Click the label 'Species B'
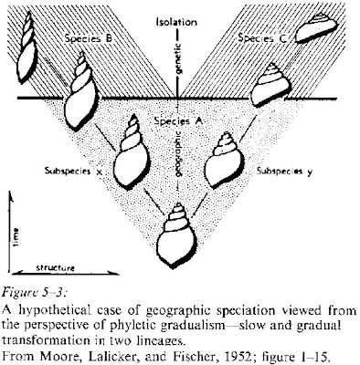pos(89,39)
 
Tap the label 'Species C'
pos(262,38)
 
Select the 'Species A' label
pos(178,121)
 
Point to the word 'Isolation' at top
pos(176,22)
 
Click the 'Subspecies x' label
pos(73,171)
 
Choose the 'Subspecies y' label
pos(284,172)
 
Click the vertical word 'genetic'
pos(178,57)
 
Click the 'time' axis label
pos(16,237)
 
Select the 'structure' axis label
pos(56,268)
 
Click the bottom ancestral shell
pos(176,235)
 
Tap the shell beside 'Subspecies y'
pos(224,161)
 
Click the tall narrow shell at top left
pos(27,47)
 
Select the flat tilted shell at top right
pos(316,27)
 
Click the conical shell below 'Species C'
pos(270,85)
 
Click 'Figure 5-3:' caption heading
pos(34,293)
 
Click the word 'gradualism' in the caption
pos(197,326)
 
